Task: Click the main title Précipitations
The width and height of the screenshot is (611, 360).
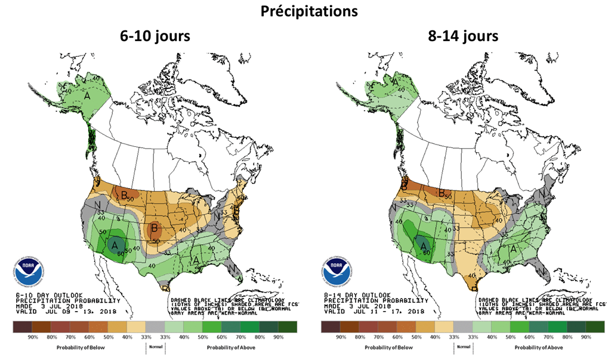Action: [306, 11]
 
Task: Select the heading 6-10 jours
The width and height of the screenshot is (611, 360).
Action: [155, 36]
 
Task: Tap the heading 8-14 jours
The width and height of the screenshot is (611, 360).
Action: [463, 36]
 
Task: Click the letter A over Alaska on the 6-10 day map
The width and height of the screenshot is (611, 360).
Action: [87, 96]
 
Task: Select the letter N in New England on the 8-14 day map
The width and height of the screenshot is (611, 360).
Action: [542, 195]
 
